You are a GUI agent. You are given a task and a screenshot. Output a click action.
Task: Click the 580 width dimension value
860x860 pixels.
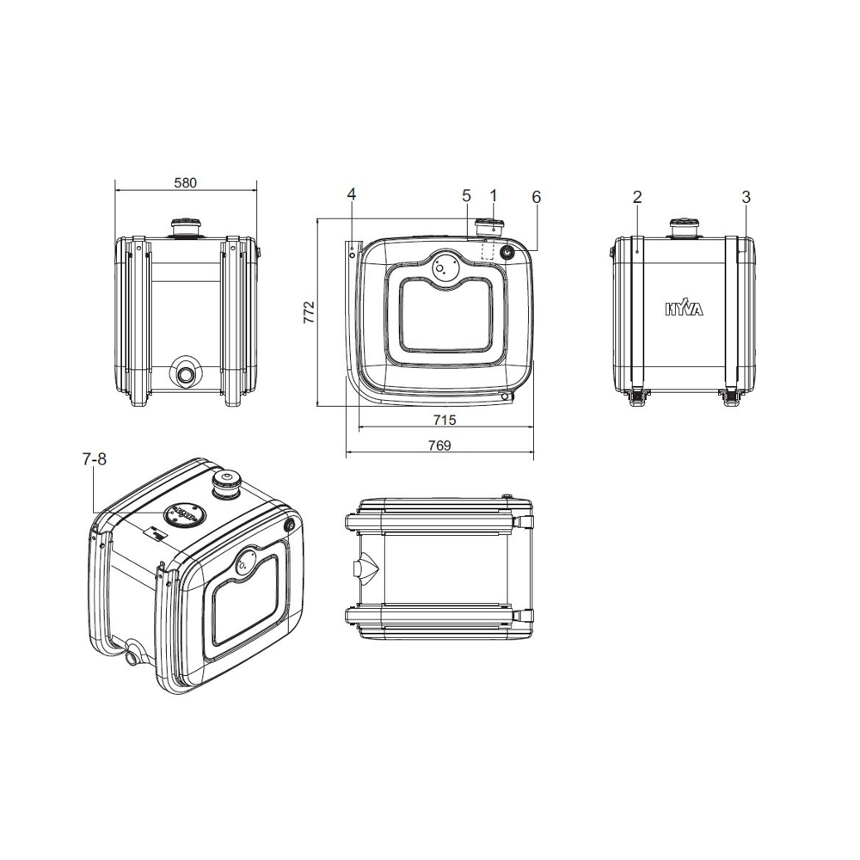coord(186,182)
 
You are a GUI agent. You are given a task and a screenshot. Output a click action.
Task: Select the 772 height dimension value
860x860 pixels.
coord(310,311)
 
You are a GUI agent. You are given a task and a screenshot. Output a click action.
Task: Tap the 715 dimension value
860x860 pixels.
coord(445,420)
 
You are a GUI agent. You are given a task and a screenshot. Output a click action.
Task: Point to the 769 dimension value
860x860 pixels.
coord(439,445)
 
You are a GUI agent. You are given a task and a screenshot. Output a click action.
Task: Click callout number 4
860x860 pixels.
coord(352,194)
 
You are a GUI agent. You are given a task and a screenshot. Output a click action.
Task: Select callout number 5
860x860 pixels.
coord(466,196)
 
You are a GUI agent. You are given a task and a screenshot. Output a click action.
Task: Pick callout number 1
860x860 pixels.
coord(493,196)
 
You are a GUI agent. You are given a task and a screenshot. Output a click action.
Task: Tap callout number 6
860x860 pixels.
coord(537,197)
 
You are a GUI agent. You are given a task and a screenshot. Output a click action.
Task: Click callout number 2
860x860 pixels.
coord(636,197)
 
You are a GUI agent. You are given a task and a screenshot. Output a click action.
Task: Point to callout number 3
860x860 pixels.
coord(746,197)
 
